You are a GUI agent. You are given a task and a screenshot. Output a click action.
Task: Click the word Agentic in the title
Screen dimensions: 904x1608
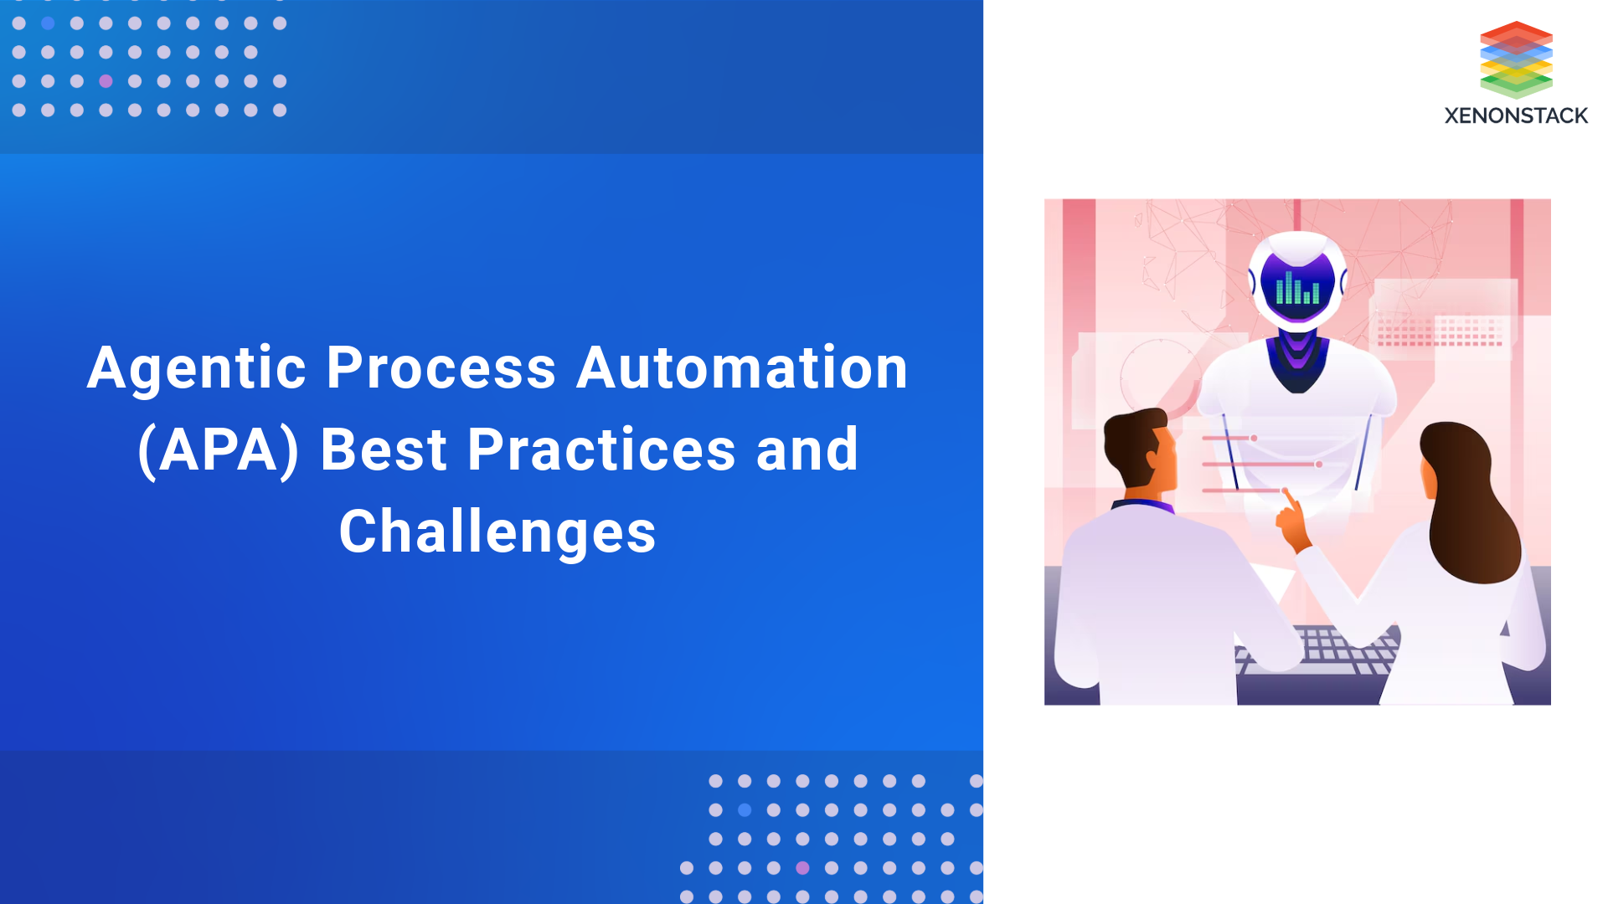click(x=197, y=368)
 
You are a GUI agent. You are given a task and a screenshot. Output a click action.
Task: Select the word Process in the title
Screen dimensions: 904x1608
click(x=441, y=368)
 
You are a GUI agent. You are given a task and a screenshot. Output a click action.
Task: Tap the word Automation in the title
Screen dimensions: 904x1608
click(x=742, y=368)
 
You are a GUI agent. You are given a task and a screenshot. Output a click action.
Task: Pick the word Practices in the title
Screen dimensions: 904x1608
click(x=601, y=450)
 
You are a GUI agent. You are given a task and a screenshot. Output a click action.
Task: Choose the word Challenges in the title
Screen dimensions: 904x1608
click(x=497, y=532)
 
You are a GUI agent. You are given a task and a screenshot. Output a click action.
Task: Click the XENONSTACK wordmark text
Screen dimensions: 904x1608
click(x=1516, y=116)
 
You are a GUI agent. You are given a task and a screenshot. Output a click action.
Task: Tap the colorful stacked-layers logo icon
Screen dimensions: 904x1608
click(x=1516, y=59)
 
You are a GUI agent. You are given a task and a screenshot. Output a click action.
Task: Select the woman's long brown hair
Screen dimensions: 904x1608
click(x=1470, y=502)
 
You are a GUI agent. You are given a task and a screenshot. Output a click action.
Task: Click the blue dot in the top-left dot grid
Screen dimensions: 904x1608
click(x=48, y=23)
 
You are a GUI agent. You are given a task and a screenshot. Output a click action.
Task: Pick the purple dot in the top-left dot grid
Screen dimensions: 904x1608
click(x=106, y=81)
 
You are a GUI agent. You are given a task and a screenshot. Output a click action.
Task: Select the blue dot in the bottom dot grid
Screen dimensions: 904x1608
click(x=745, y=810)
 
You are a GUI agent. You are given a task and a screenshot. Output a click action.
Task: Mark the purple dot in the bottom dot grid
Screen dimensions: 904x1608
click(x=802, y=868)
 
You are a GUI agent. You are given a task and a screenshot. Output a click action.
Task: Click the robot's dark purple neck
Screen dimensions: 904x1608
click(x=1297, y=360)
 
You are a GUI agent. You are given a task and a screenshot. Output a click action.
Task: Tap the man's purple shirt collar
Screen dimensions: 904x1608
click(x=1143, y=505)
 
